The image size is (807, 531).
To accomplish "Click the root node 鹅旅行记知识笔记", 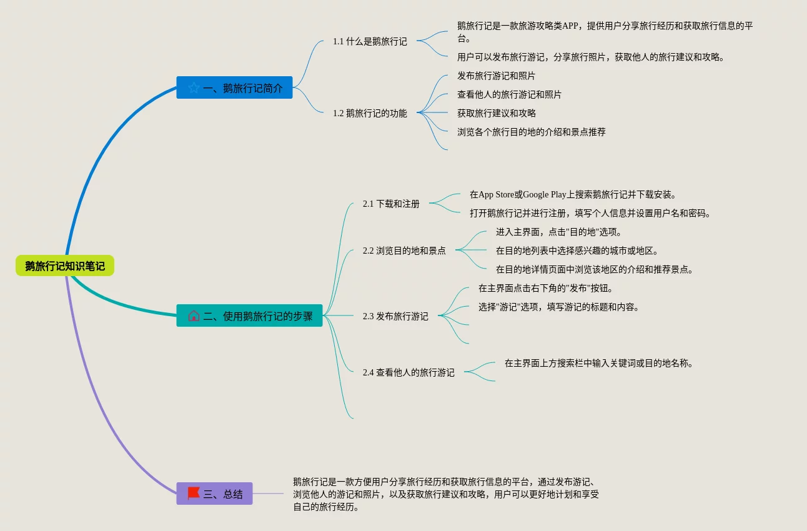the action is point(65,266).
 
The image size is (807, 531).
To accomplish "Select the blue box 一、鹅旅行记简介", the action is point(234,87).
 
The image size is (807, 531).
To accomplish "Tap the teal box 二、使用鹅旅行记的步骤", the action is point(249,315).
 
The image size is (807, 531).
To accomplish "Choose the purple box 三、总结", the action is point(214,494).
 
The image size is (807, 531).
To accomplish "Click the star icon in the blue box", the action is point(194,87).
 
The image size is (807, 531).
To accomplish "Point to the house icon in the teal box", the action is point(194,315).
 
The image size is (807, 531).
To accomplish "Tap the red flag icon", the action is point(194,493).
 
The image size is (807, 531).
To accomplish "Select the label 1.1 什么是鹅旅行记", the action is point(370,41).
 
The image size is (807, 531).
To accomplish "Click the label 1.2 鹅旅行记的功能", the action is point(370,113).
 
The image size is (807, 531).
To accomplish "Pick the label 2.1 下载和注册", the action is point(391,204).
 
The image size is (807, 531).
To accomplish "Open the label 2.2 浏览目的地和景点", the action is point(404,251).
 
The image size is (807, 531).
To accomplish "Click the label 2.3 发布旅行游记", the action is point(395,316).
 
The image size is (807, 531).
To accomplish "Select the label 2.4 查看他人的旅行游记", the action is point(408,372).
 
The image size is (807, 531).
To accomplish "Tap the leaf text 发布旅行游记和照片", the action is point(496,76).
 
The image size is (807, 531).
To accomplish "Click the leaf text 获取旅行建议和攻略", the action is point(497,113).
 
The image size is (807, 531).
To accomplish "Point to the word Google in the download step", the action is point(536,194).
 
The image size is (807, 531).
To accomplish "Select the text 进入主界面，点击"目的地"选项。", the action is point(559,232).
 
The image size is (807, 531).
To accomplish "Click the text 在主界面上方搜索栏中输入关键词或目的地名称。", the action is point(599,363).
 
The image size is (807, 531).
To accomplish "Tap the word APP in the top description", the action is point(570,26).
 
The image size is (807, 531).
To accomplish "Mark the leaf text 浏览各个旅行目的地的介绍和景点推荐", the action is point(532,132).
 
